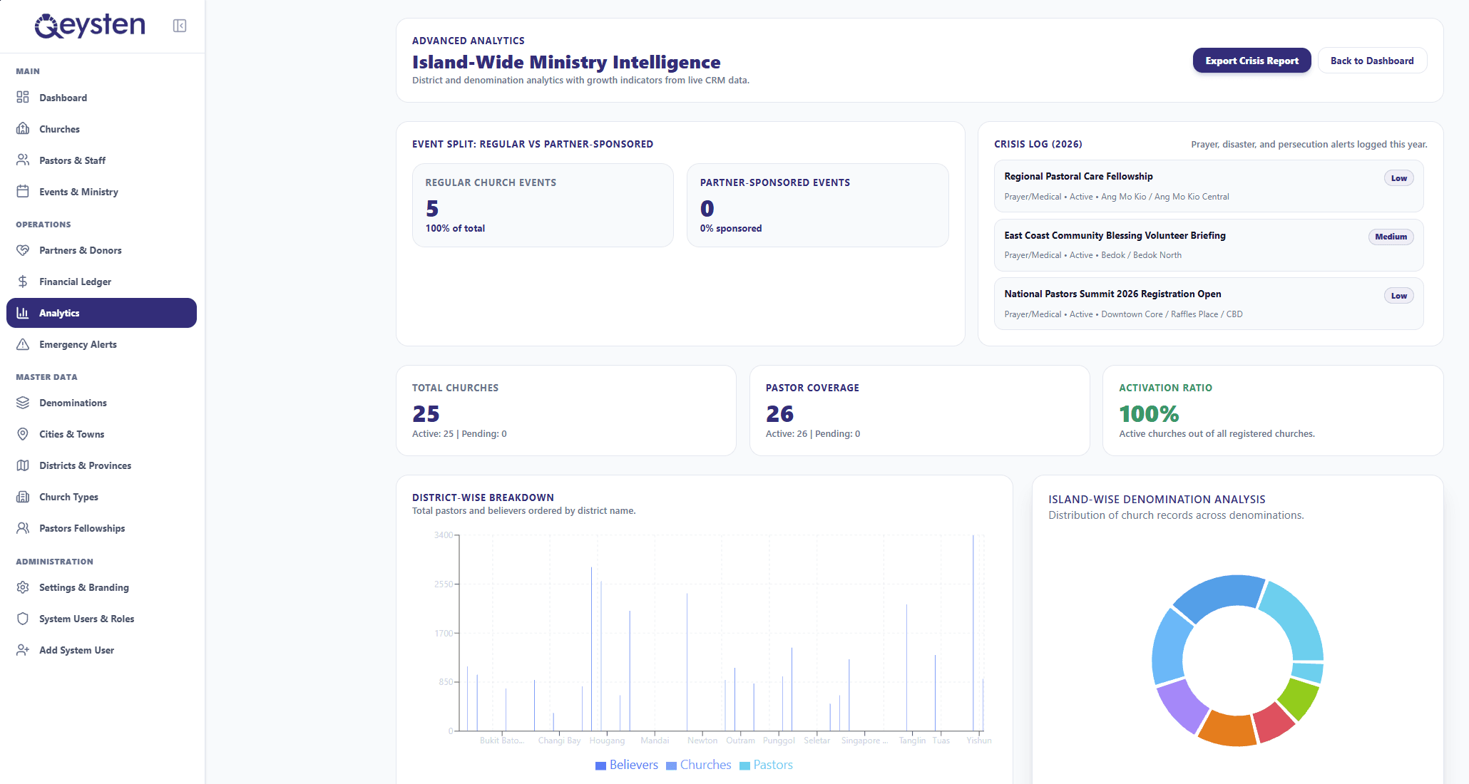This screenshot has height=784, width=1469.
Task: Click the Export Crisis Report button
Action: (1252, 61)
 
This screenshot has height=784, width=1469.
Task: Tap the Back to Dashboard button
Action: (1372, 61)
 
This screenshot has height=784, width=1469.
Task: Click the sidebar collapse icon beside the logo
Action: (180, 26)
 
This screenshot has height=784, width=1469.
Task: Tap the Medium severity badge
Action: (1391, 237)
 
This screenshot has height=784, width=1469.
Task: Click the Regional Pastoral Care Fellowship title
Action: (1078, 176)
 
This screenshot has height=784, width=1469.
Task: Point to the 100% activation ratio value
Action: (1149, 413)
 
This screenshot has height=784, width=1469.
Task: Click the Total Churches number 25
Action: (426, 413)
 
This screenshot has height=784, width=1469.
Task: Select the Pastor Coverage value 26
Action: (779, 413)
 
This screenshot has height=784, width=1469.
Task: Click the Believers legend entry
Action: (627, 765)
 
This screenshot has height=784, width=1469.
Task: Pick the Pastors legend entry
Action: (766, 765)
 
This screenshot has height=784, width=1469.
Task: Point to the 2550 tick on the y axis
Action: (444, 584)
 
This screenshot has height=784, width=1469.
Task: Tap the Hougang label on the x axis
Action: (607, 741)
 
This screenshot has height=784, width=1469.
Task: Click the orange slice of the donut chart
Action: (1227, 728)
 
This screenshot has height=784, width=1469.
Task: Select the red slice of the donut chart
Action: (1274, 722)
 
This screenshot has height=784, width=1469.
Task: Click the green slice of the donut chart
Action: (1299, 698)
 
